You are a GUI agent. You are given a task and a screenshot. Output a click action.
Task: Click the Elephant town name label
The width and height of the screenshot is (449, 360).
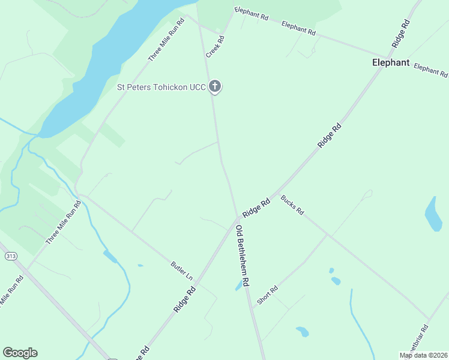tap(390, 62)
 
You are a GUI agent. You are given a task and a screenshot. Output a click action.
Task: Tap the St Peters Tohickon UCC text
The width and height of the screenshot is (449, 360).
tap(161, 87)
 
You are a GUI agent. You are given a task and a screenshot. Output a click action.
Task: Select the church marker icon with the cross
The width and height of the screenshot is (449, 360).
tap(215, 86)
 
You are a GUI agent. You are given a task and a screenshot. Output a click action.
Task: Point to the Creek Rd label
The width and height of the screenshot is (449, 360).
tap(215, 47)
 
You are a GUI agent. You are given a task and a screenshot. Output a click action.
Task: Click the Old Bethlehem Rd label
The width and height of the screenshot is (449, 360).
tap(243, 256)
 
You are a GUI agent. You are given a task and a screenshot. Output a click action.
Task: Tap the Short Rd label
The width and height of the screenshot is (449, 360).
tap(267, 295)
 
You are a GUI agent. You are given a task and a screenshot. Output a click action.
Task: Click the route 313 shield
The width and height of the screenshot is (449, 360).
tap(10, 256)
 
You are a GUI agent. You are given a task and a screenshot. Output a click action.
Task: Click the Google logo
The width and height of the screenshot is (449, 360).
tap(20, 353)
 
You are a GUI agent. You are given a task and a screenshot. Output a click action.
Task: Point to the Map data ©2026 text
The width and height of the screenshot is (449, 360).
tap(424, 355)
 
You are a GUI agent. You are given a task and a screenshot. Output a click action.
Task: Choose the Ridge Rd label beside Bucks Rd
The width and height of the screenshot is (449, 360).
tap(257, 208)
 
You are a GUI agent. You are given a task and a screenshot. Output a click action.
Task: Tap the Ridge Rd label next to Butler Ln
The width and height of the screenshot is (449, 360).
tap(185, 298)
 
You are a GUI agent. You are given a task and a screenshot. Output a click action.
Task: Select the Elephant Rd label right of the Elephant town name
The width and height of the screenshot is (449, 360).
tap(430, 70)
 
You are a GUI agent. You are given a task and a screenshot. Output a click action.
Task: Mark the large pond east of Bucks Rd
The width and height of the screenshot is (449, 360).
tap(433, 214)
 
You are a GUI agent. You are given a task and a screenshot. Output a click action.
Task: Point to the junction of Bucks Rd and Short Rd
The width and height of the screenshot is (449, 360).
tap(327, 235)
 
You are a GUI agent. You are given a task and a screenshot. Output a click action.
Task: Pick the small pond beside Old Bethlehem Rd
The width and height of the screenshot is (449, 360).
tap(239, 286)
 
